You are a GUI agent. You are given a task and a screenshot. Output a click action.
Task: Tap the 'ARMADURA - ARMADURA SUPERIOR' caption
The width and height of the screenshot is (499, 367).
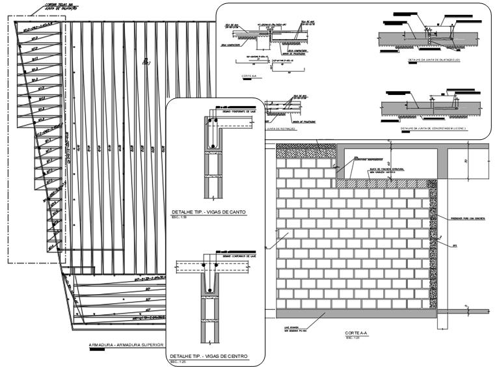(x=128, y=344)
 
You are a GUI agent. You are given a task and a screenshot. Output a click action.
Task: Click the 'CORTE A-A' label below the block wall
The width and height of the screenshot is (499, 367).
(x=357, y=333)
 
